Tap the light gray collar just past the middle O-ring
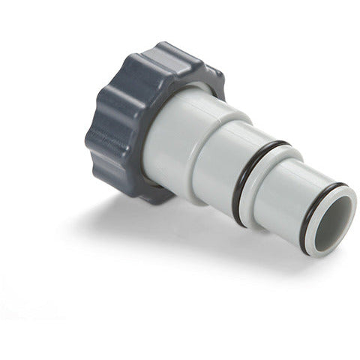click(x=262, y=191)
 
